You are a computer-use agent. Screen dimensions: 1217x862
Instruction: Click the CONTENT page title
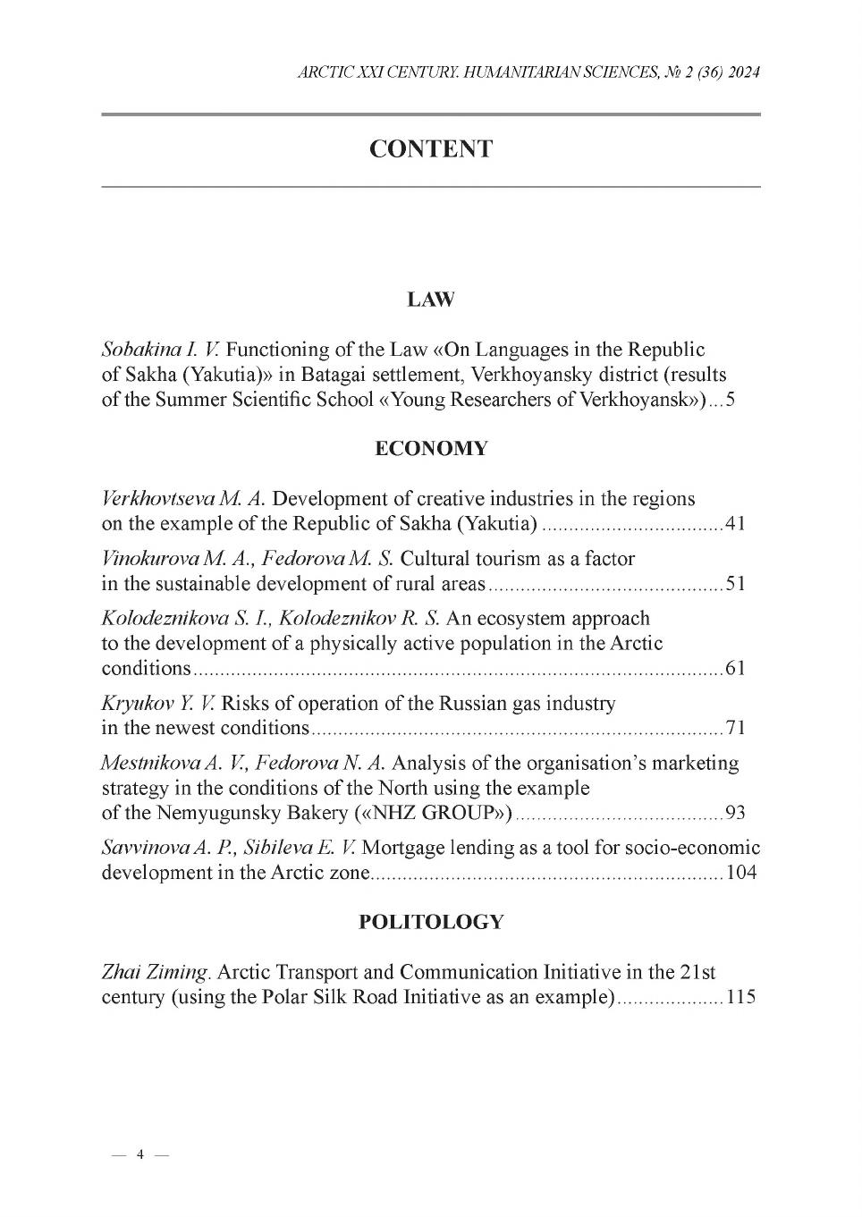coord(430,149)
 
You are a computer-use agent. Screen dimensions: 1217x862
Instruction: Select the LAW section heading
coord(430,300)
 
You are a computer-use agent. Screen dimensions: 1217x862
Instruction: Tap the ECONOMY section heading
coord(430,449)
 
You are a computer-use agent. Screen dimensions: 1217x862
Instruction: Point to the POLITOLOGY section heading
coord(430,922)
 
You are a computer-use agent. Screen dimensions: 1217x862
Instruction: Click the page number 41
coord(735,524)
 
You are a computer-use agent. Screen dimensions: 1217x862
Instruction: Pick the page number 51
coord(735,585)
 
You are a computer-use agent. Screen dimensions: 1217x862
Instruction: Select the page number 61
coord(735,669)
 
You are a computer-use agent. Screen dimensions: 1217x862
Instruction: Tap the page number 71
coord(735,728)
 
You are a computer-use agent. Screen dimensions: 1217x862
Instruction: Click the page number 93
coord(735,813)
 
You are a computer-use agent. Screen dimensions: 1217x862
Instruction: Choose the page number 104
coord(740,873)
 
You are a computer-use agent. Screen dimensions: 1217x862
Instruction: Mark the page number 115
coord(740,997)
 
